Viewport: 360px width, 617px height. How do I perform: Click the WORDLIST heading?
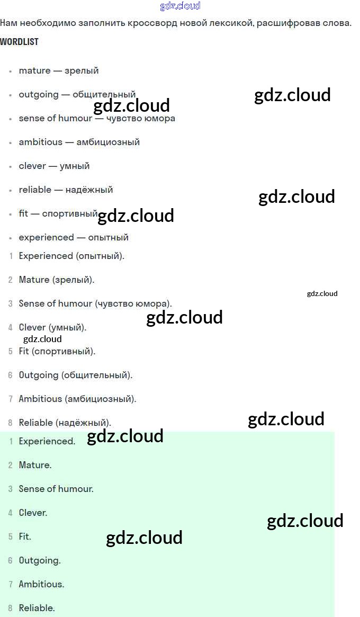coord(19,42)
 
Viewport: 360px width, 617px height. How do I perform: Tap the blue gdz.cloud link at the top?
coord(180,6)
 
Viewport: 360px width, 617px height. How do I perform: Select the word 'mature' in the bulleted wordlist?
coord(34,70)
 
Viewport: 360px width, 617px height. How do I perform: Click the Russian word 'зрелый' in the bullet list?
coord(82,70)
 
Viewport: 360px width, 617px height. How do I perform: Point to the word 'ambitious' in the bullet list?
coord(40,142)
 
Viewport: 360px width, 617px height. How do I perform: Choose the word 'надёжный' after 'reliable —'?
coord(89,190)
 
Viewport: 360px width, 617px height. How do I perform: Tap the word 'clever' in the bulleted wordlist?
coord(32,166)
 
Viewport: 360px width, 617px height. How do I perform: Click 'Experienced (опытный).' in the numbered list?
coord(71,256)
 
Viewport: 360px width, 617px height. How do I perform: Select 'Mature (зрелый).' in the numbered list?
coord(57,280)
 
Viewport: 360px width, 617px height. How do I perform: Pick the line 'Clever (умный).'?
coord(52,327)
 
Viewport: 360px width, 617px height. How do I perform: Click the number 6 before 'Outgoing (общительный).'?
coord(10,375)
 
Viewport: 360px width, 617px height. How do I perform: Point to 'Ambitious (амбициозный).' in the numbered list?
coord(77,399)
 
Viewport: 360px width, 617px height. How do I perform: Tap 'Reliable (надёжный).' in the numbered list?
coord(65,423)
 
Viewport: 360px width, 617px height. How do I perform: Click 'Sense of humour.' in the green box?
coord(56,489)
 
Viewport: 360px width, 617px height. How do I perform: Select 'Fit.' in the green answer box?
coord(25,536)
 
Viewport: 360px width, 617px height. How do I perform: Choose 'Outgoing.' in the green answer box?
coord(40,560)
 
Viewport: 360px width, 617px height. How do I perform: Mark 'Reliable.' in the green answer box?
coord(37,608)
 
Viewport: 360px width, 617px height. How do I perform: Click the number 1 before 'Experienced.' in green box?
coord(11,442)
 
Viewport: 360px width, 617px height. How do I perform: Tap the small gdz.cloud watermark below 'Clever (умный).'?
coord(42,339)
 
